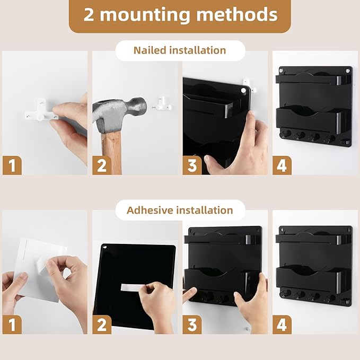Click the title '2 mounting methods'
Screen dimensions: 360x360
click(180, 15)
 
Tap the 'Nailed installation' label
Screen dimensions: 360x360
click(180, 50)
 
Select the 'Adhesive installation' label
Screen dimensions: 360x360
click(180, 210)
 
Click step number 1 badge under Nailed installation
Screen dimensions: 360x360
click(12, 165)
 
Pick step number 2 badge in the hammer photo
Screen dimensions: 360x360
click(102, 165)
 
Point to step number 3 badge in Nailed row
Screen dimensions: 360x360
click(192, 165)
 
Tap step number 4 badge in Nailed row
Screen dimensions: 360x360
click(282, 165)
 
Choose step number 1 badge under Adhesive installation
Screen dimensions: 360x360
click(12, 324)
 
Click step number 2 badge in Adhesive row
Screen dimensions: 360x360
click(102, 324)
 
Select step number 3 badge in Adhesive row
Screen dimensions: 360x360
click(192, 324)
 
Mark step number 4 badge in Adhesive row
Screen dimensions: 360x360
click(282, 324)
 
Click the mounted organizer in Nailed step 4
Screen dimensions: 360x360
click(314, 106)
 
